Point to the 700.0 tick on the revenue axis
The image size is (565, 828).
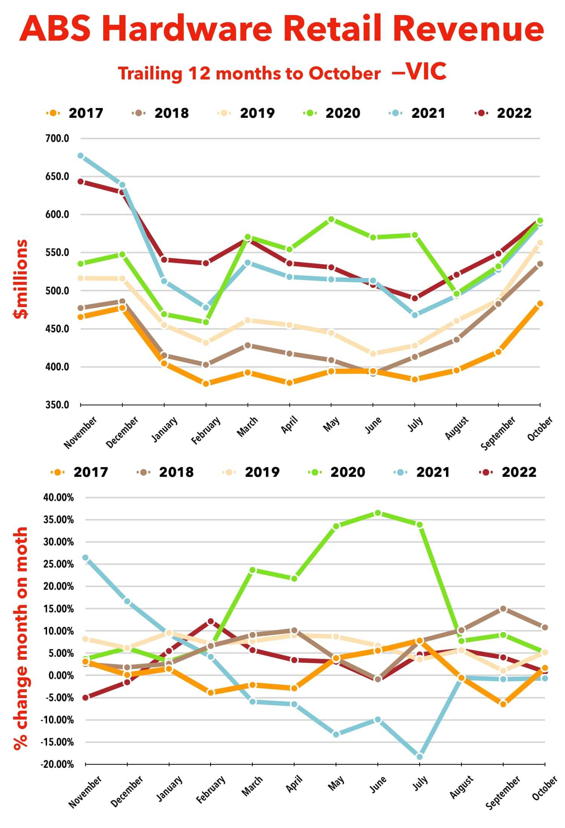click(57, 139)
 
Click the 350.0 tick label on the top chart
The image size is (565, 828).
click(57, 405)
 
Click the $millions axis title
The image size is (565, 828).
click(21, 279)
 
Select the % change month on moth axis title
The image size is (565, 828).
click(21, 638)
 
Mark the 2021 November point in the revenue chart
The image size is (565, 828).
click(81, 156)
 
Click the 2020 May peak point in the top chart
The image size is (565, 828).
click(331, 219)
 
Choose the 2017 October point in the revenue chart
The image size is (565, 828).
click(540, 304)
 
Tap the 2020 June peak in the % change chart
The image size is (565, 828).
click(378, 513)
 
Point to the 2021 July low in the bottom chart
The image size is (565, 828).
click(420, 757)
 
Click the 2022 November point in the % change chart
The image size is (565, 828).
click(86, 697)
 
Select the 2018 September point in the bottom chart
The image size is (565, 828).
click(503, 609)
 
